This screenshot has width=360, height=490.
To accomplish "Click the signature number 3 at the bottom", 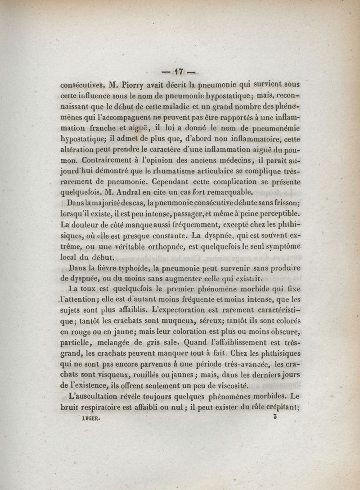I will (x=275, y=417).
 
